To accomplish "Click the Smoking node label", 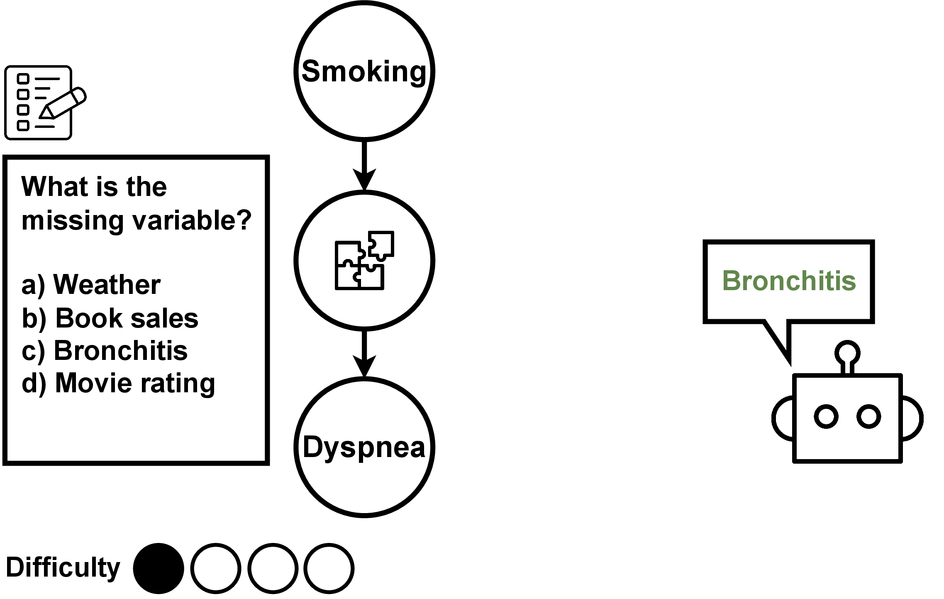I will [364, 71].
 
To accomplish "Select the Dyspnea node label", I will [364, 447].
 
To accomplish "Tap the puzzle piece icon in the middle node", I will [364, 260].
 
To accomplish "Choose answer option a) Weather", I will [91, 285].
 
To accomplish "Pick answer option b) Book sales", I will [110, 318].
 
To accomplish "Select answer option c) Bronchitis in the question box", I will [105, 350].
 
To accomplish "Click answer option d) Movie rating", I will [118, 383].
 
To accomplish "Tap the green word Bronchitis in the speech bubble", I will [789, 281].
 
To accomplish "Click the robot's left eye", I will [826, 416].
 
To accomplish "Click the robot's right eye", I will [869, 416].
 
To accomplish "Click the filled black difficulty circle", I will [159, 568].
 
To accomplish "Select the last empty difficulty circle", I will [329, 568].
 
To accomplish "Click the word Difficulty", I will [63, 567].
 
